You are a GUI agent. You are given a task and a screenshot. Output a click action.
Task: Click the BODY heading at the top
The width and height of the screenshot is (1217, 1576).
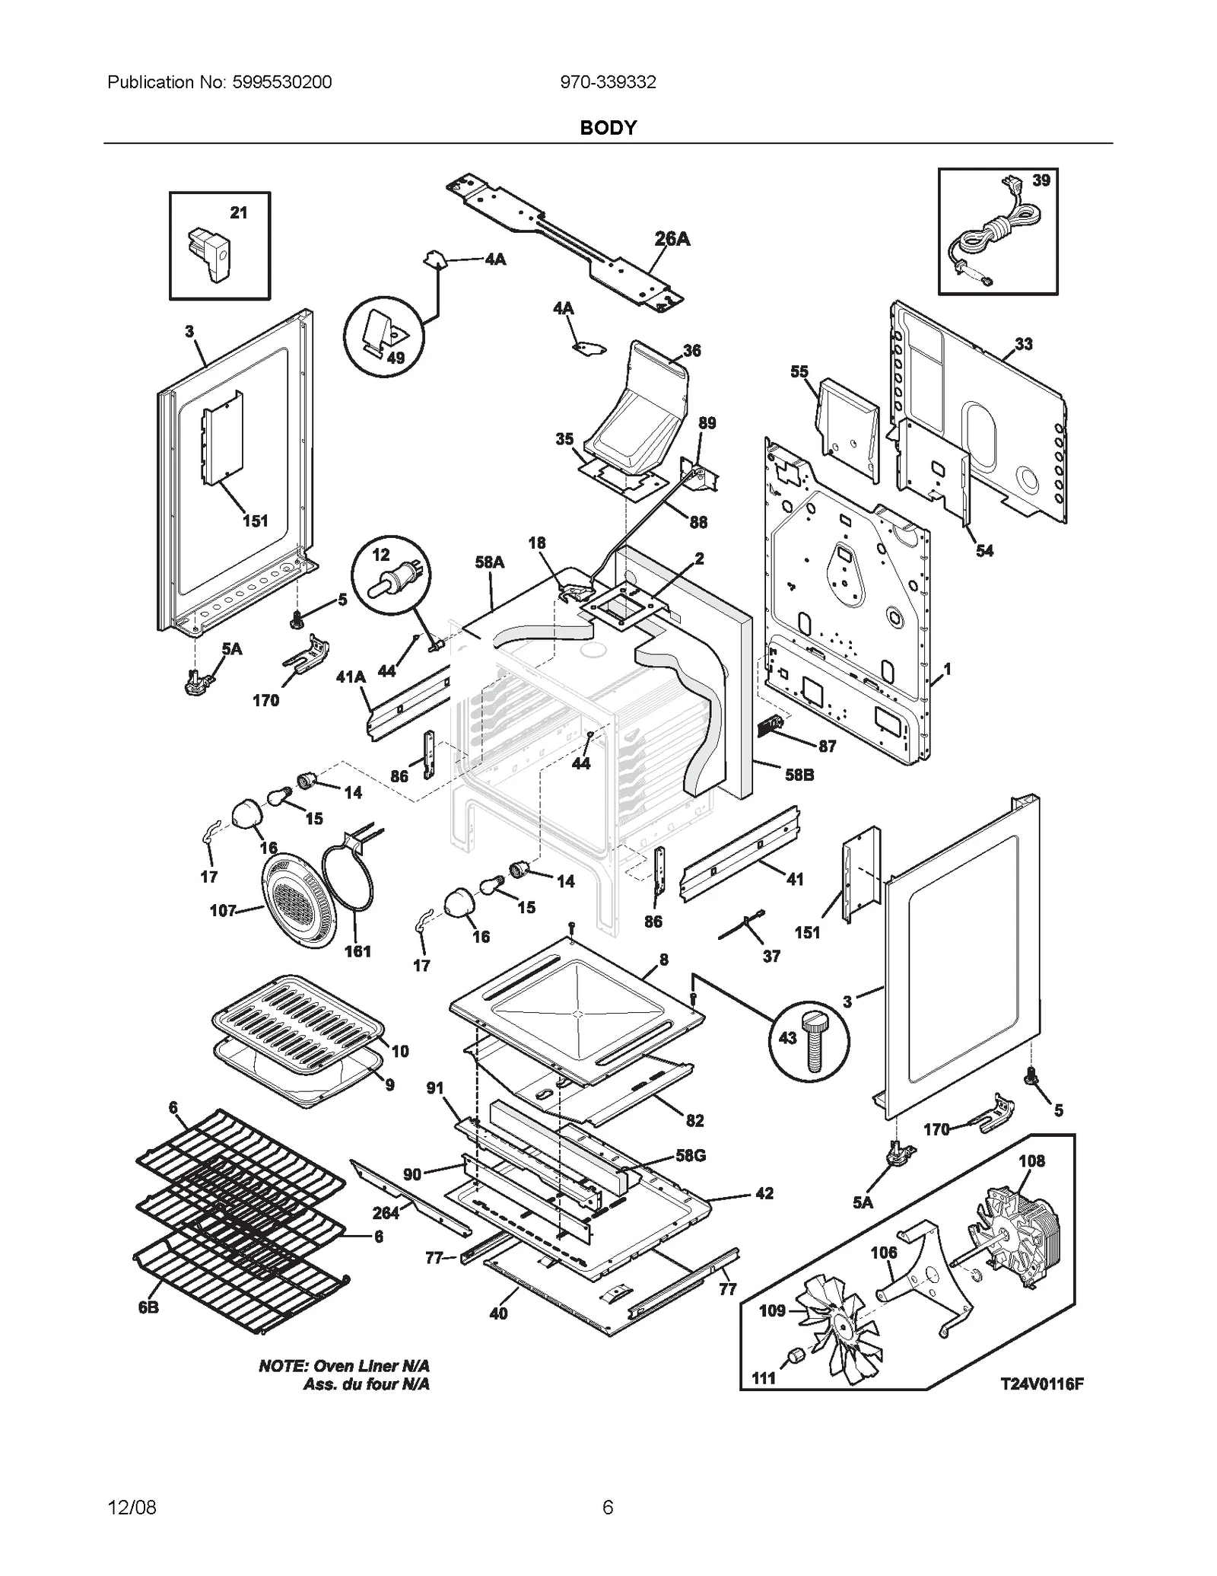[608, 128]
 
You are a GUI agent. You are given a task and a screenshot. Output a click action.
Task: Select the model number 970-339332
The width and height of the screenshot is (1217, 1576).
[608, 82]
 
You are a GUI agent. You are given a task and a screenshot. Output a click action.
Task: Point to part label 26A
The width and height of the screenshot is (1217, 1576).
[672, 239]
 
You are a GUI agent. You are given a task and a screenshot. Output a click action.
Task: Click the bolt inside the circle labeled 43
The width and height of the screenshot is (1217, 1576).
[812, 1040]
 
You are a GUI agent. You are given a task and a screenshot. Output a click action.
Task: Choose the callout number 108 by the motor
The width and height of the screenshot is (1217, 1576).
[1031, 1161]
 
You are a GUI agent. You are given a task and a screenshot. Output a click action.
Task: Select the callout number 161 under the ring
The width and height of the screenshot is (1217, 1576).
[357, 951]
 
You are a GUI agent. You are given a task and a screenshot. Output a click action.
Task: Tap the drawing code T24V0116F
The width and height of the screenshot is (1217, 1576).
[1041, 1384]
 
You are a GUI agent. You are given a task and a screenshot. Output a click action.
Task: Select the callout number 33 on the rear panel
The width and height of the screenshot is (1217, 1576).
[1024, 344]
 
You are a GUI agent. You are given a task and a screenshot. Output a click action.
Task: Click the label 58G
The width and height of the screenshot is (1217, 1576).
[691, 1155]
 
